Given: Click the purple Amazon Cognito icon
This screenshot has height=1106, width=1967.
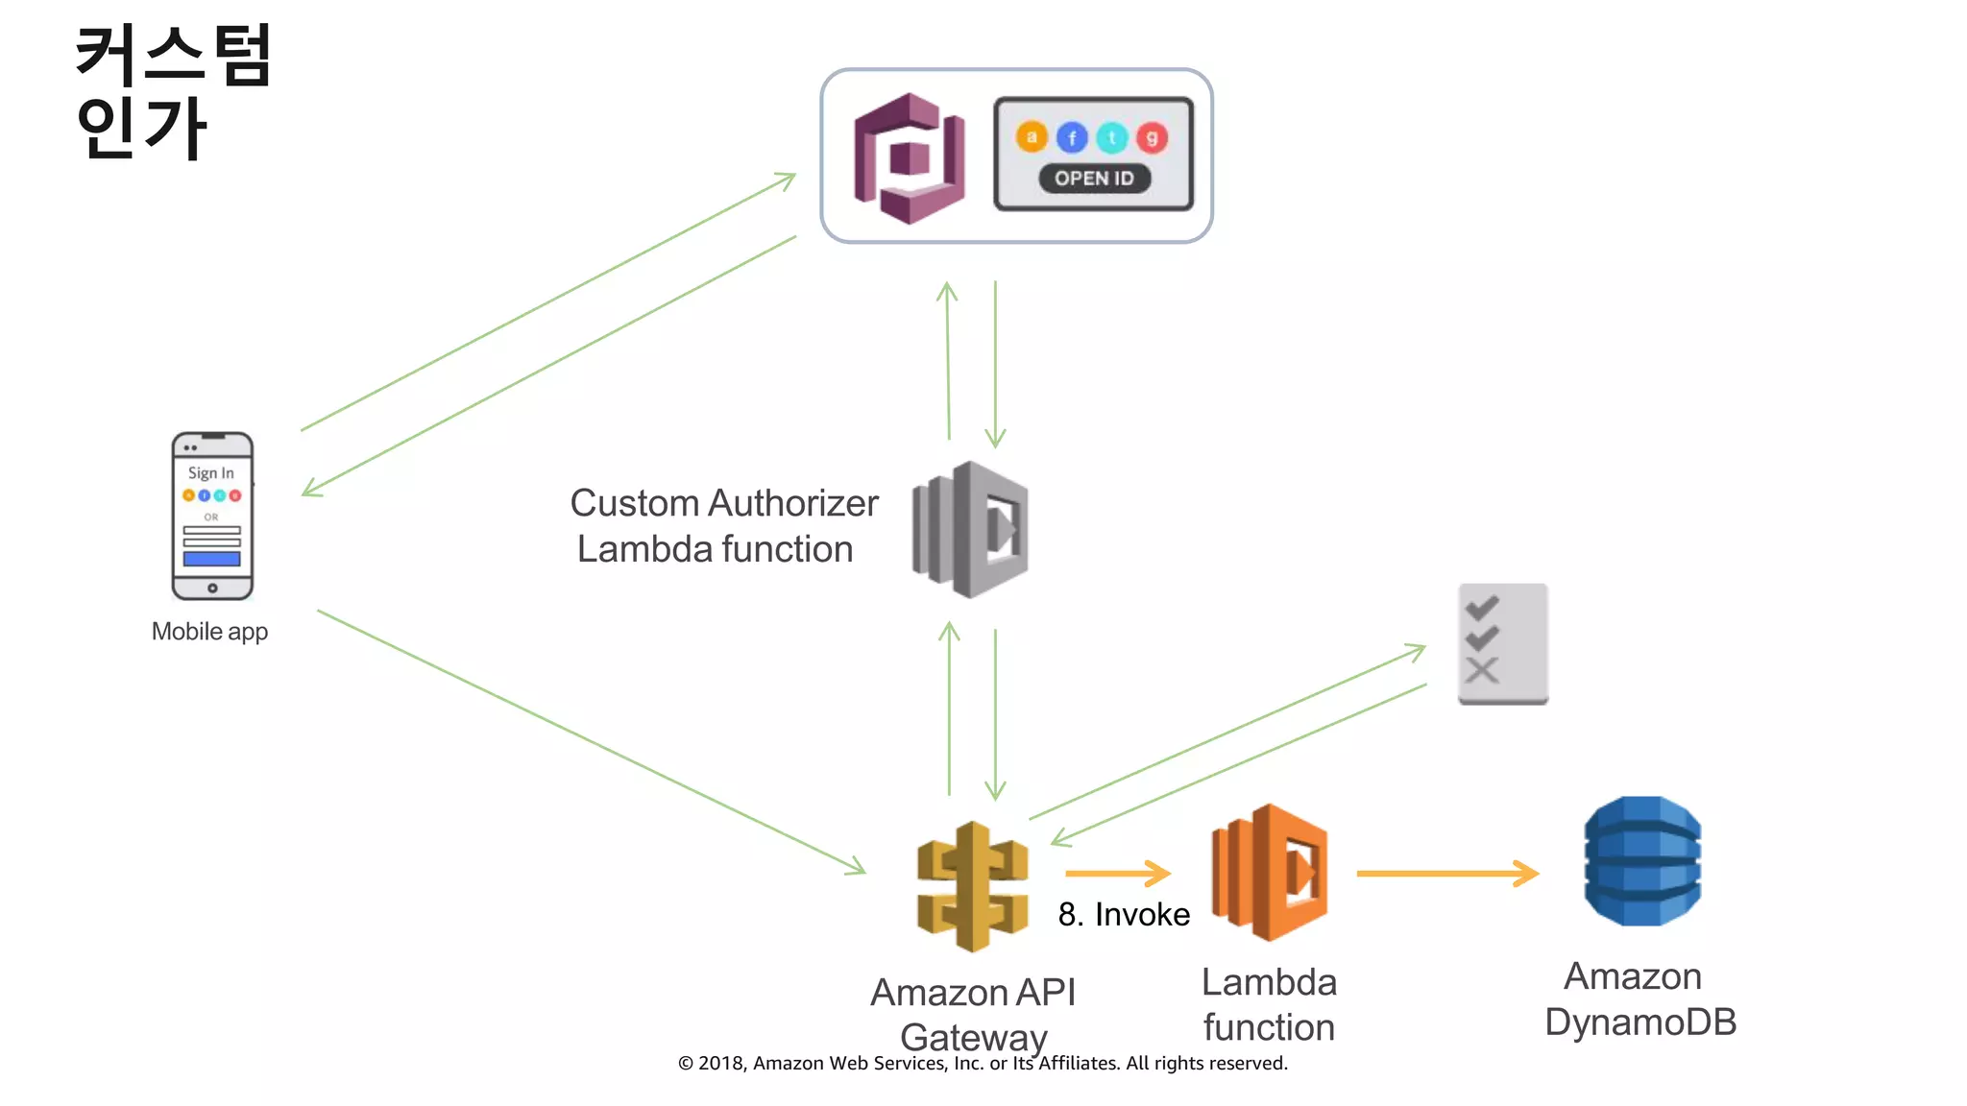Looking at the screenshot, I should [x=909, y=158].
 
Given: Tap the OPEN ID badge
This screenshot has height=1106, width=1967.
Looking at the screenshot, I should [x=1094, y=179].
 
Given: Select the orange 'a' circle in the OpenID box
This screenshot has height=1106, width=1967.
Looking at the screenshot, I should [x=1032, y=137].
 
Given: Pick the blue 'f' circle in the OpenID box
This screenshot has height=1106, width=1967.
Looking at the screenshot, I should [x=1072, y=138].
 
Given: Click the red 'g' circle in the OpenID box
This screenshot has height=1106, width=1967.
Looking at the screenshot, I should [x=1152, y=138].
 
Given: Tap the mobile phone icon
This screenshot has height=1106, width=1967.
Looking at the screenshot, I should [x=212, y=516].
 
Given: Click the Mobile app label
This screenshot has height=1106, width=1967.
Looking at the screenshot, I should [x=209, y=632].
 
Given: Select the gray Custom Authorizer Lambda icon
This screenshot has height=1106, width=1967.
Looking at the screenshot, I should [x=970, y=529].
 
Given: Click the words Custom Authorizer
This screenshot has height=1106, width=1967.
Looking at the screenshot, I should [x=724, y=503].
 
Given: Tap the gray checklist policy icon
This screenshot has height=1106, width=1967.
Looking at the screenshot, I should [x=1502, y=643].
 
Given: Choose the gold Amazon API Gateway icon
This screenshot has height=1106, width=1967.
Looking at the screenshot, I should [x=972, y=886].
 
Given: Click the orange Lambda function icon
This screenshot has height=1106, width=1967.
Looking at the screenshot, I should [x=1269, y=872].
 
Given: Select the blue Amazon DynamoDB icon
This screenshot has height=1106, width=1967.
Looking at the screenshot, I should [x=1641, y=861].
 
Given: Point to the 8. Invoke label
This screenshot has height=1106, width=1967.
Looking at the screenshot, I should [x=1124, y=915].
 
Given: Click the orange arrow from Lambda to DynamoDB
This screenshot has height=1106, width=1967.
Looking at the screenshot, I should [x=1446, y=874].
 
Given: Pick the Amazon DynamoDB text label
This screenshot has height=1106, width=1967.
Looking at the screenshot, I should [x=1639, y=999].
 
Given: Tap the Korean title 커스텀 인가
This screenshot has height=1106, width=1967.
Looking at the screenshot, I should [x=173, y=91].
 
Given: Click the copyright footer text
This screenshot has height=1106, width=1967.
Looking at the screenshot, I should [x=983, y=1064].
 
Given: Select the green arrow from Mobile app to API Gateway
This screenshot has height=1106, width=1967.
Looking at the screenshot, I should [x=591, y=741].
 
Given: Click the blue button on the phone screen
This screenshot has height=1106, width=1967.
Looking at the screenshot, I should [x=212, y=559].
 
